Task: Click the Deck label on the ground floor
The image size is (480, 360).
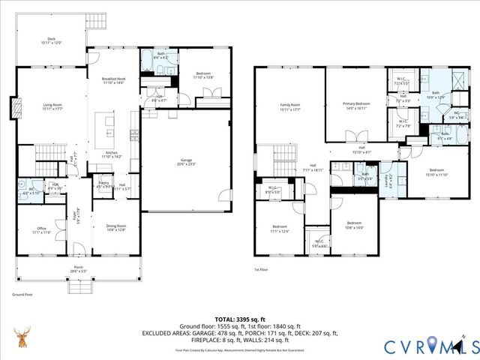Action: pos(52,40)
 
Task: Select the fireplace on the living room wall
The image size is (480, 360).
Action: pos(13,107)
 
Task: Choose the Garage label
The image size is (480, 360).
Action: pos(185,160)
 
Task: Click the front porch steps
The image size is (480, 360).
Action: pos(79,286)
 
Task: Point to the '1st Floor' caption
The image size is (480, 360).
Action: pos(261,269)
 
